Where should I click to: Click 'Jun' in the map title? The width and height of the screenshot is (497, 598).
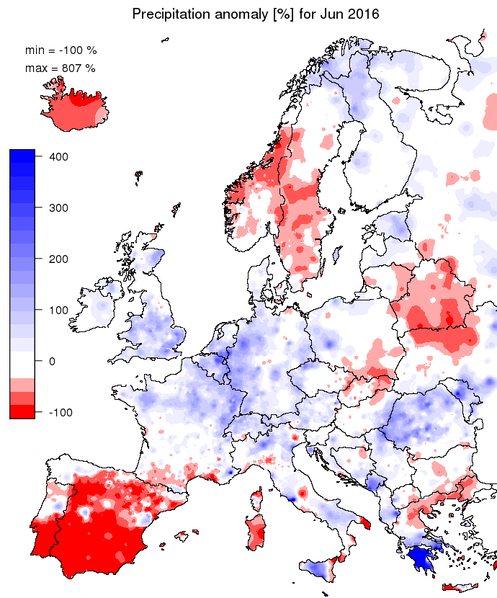coord(328,14)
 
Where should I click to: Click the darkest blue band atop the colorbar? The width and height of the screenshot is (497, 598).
coord(22,155)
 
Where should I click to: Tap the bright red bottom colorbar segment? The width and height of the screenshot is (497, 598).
coord(22,411)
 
